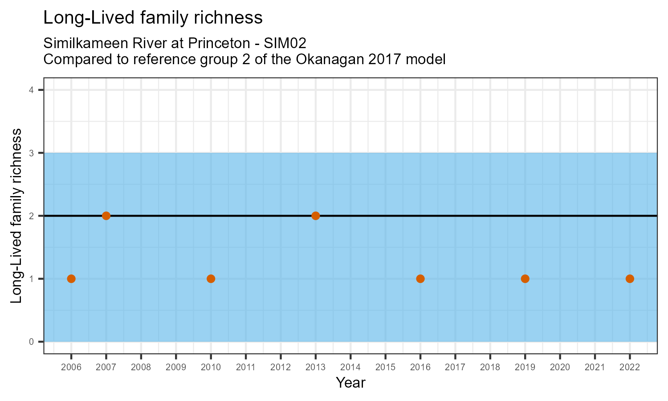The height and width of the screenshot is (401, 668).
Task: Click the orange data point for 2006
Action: (x=71, y=279)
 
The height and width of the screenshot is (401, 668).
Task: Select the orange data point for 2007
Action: (x=106, y=216)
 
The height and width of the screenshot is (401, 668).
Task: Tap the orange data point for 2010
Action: (x=211, y=279)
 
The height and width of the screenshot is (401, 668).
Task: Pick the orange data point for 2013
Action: (x=316, y=216)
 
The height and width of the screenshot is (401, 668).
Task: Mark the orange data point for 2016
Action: (x=420, y=279)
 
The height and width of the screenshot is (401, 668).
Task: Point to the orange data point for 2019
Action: (x=525, y=279)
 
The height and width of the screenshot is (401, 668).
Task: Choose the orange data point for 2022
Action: (x=630, y=279)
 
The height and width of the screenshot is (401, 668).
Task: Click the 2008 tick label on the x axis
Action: (x=141, y=368)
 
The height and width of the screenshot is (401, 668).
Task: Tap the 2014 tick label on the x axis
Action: (x=350, y=368)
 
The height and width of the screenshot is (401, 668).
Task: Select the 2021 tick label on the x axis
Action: (x=595, y=368)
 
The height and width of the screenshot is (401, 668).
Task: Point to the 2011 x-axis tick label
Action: (x=246, y=368)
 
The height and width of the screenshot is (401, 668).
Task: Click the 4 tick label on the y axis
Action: (x=31, y=90)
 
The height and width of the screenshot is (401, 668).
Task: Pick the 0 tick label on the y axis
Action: (x=31, y=342)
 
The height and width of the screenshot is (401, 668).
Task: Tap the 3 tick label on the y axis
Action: (x=31, y=153)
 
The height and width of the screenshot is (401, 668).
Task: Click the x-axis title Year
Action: (x=350, y=383)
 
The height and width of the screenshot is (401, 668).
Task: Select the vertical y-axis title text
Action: (x=16, y=216)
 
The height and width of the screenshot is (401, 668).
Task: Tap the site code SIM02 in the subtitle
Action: (x=285, y=44)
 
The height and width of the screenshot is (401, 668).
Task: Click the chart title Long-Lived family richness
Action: (x=153, y=18)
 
